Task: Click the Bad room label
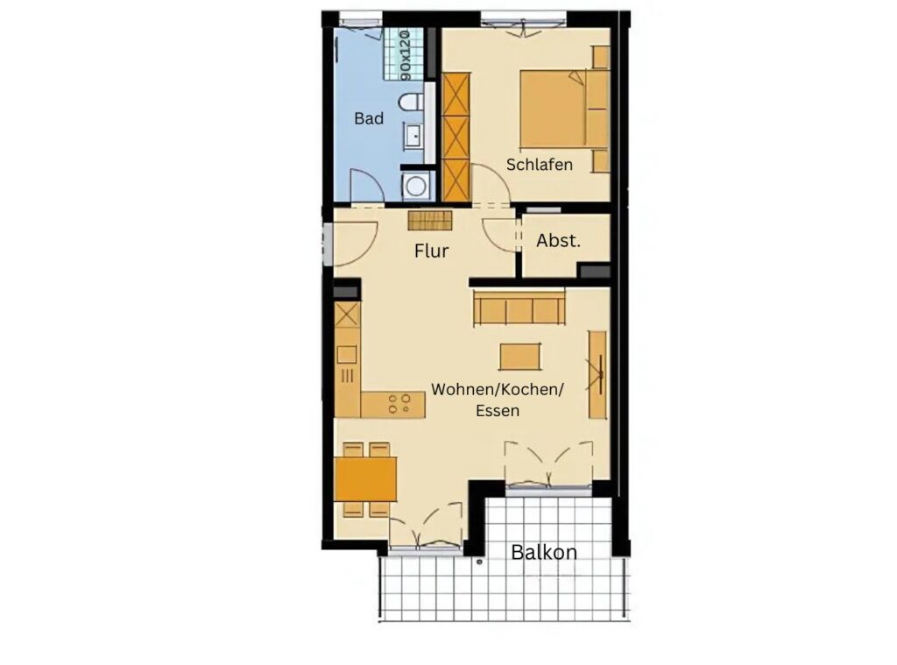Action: click(369, 118)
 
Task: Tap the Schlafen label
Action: click(539, 164)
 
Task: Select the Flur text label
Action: click(431, 251)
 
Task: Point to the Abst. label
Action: click(558, 241)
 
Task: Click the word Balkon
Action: click(543, 552)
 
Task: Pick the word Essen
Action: click(498, 410)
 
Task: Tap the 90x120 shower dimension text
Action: click(405, 55)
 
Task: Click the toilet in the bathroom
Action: click(411, 103)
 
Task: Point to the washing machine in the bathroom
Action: click(416, 186)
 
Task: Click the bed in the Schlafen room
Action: click(564, 108)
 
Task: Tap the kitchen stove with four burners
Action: click(399, 403)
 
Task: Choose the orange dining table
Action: click(365, 479)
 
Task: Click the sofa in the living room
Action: click(519, 308)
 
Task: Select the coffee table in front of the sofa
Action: click(519, 357)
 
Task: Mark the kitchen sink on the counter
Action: click(347, 355)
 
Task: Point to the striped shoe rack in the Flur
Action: click(429, 220)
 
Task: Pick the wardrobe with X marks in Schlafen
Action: click(456, 138)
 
